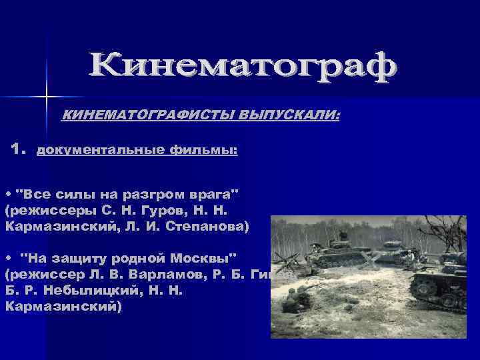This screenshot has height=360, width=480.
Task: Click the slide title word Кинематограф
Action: tap(243, 67)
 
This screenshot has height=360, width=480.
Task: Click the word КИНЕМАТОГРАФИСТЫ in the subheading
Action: tap(139, 116)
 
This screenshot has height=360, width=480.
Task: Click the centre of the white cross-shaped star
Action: tap(47, 97)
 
